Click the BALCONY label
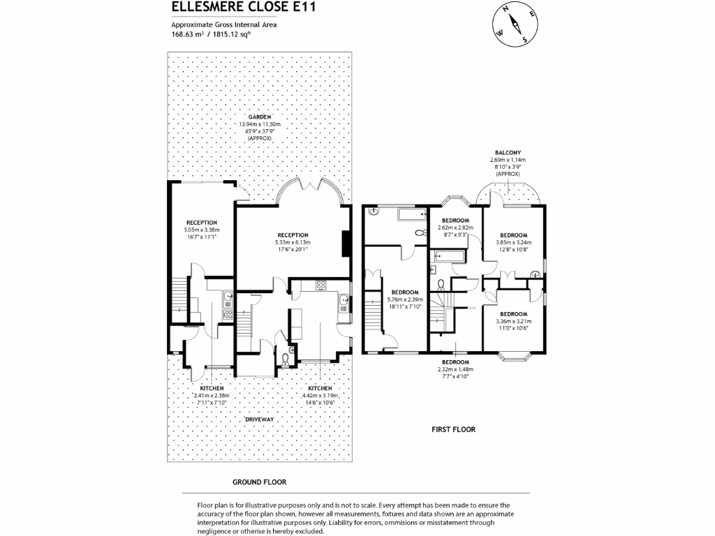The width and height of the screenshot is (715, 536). coord(508,152)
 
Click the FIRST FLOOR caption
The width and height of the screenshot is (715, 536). coord(453,429)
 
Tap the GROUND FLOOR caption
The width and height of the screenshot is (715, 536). coord(259,482)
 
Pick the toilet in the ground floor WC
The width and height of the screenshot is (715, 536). coord(285,358)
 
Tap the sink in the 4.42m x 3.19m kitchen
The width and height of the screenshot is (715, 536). coord(344,302)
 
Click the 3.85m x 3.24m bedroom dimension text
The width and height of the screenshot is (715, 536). coord(513,242)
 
